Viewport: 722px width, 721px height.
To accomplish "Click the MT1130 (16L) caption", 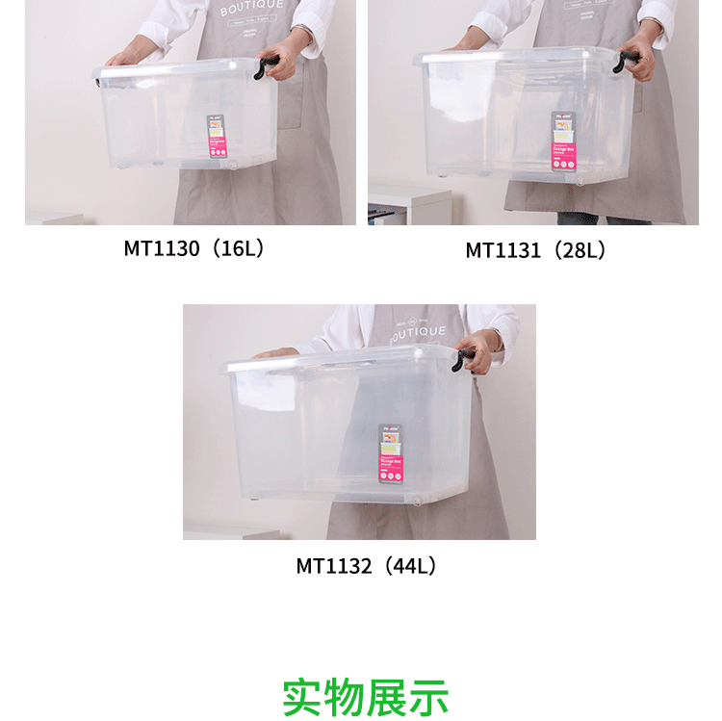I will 193,248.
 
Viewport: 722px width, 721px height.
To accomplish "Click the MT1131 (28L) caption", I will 536,250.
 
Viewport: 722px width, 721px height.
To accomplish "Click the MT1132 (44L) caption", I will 367,566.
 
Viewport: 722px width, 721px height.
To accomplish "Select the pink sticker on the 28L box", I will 563,141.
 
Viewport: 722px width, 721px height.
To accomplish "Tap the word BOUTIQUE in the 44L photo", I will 417,333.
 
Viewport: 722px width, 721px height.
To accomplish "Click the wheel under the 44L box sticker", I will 418,500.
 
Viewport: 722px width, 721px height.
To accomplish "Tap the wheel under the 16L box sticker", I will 232,166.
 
